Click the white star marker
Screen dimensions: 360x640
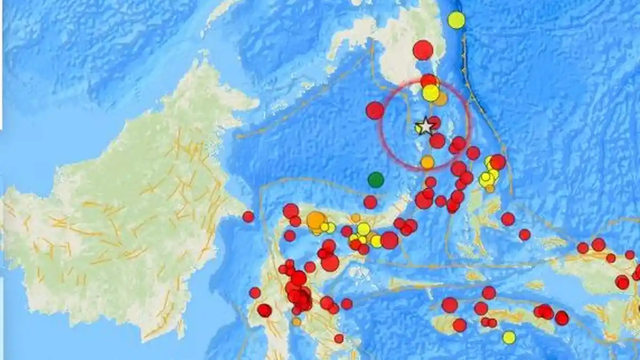click(x=426, y=126)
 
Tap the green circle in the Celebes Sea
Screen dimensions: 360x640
click(x=376, y=180)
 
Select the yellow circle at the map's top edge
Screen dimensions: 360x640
click(x=456, y=20)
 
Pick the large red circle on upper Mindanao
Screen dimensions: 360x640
click(x=422, y=50)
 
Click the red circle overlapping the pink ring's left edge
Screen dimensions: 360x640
click(x=375, y=110)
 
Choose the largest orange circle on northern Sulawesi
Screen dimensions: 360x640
click(x=316, y=220)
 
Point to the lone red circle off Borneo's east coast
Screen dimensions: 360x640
click(x=248, y=217)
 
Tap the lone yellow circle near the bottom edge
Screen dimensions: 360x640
click(x=509, y=337)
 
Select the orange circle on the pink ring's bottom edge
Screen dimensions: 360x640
click(x=427, y=162)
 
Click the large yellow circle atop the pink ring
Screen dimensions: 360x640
click(x=430, y=93)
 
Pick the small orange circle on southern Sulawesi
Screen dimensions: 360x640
click(x=296, y=322)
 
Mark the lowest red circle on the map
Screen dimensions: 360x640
click(x=339, y=338)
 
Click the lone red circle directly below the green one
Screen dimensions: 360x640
click(x=370, y=202)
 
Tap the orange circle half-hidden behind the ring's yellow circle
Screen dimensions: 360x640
click(x=441, y=99)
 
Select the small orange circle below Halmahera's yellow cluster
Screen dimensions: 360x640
click(x=490, y=188)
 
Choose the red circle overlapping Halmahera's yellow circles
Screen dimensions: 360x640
click(x=497, y=162)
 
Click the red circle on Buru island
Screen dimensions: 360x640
click(x=459, y=325)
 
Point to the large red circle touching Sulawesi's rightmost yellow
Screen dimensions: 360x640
click(x=389, y=240)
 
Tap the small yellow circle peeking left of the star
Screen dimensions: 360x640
click(x=418, y=128)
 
